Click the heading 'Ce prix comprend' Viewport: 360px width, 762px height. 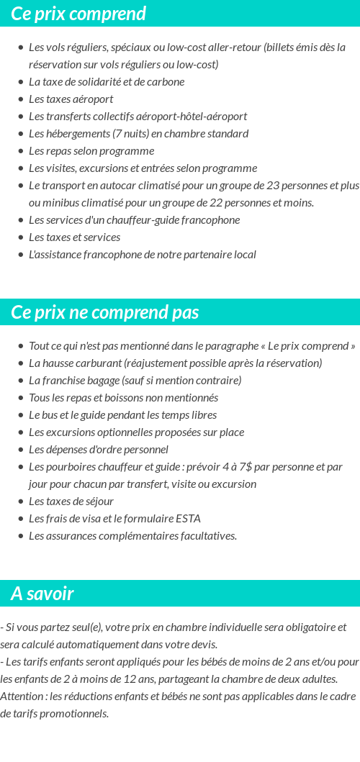point(78,14)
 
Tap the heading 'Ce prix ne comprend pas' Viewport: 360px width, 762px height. point(105,312)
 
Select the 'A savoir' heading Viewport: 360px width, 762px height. point(42,594)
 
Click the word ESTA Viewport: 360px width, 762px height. point(189,519)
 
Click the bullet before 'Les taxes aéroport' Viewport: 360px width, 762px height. point(20,99)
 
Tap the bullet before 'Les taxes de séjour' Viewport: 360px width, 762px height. point(20,502)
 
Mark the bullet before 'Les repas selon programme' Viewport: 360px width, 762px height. point(20,151)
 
